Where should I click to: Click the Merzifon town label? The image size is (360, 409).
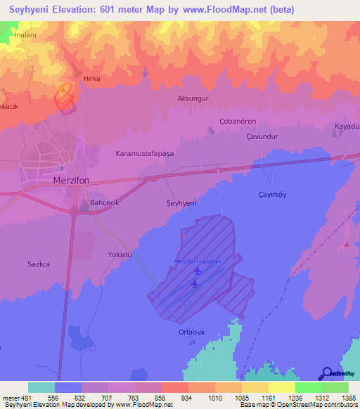pos(73,180)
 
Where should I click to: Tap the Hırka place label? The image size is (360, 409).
pos(92,79)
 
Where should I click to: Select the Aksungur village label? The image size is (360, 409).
pos(193,99)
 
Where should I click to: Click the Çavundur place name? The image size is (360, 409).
pos(263,137)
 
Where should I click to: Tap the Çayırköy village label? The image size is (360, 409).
pos(274,195)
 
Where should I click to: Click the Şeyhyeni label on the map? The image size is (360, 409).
pos(181,202)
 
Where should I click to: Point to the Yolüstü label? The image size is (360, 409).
pos(120,254)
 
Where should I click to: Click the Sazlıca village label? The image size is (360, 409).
pos(38,264)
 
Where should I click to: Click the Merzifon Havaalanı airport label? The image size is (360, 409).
pos(198,262)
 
